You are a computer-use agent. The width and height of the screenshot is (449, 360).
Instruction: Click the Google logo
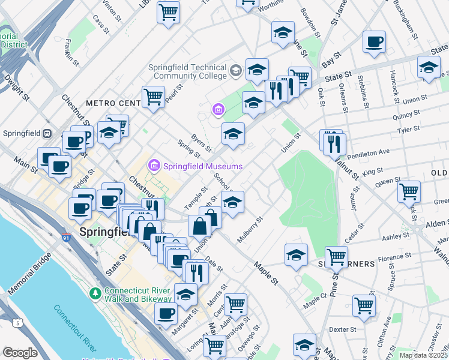click(x=20, y=353)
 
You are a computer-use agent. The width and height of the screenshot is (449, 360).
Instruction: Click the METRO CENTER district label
click(x=112, y=103)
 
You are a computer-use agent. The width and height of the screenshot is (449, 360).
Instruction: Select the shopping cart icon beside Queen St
click(x=409, y=192)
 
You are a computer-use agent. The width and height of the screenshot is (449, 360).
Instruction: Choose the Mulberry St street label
click(x=250, y=230)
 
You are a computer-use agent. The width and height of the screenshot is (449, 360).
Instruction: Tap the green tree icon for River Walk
click(x=95, y=293)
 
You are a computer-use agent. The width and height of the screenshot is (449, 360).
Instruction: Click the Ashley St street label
click(x=395, y=237)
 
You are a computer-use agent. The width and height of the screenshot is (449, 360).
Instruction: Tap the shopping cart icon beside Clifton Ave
click(x=364, y=305)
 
